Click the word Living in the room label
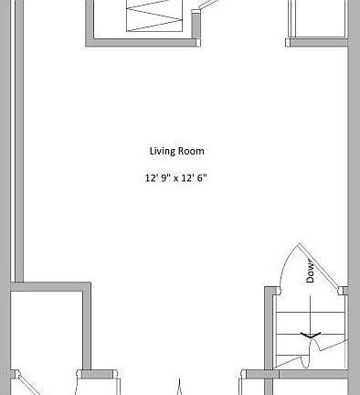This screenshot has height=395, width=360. tap(162, 151)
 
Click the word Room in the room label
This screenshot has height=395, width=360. tap(192, 151)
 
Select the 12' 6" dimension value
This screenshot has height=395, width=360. tap(194, 178)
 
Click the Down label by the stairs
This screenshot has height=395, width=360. tap(311, 272)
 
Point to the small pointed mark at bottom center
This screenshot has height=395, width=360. tap(179, 387)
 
